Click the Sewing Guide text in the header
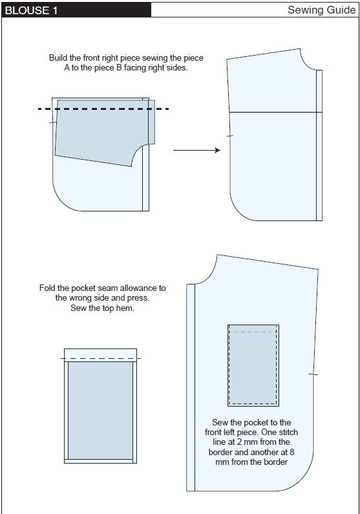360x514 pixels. point(321,10)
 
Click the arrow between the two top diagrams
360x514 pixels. point(197,150)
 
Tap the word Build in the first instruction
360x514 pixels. point(60,58)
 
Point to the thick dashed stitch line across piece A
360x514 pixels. point(103,109)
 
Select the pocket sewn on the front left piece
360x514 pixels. point(253,365)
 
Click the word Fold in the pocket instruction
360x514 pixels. point(48,288)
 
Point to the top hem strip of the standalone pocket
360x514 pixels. point(100,354)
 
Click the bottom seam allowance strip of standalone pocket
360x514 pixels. point(100,461)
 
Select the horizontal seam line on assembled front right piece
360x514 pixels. point(275,112)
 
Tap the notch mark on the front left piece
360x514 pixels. point(313,374)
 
